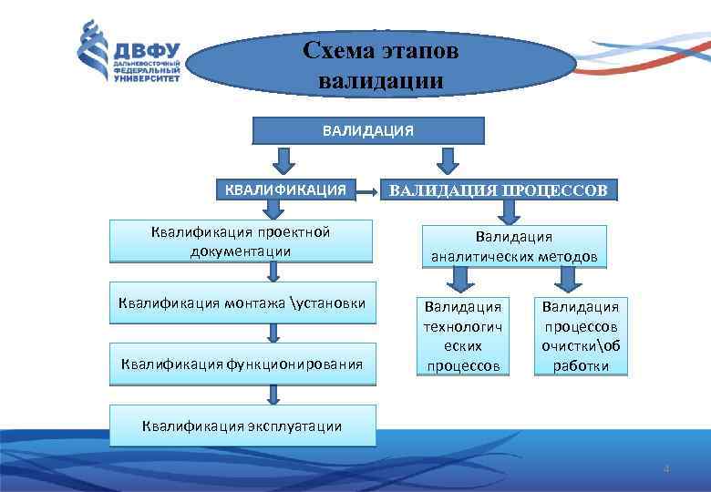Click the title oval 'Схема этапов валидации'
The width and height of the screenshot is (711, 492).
[x=381, y=65]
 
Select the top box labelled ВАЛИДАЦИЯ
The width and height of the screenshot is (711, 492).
[x=367, y=131]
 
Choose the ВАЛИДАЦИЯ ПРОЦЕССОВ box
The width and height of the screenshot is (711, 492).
[x=503, y=190]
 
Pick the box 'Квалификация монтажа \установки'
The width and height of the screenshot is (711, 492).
[x=242, y=303]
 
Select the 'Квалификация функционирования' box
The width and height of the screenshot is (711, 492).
[x=242, y=364]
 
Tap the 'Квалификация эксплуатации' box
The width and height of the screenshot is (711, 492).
[x=242, y=425]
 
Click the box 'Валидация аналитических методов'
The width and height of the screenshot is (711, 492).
[x=515, y=247]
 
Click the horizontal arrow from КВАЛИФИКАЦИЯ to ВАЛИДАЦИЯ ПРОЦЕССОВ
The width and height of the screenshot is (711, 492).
[x=367, y=191]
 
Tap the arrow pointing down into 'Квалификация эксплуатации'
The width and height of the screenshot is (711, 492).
[x=273, y=395]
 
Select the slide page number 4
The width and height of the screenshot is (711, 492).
[x=666, y=469]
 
